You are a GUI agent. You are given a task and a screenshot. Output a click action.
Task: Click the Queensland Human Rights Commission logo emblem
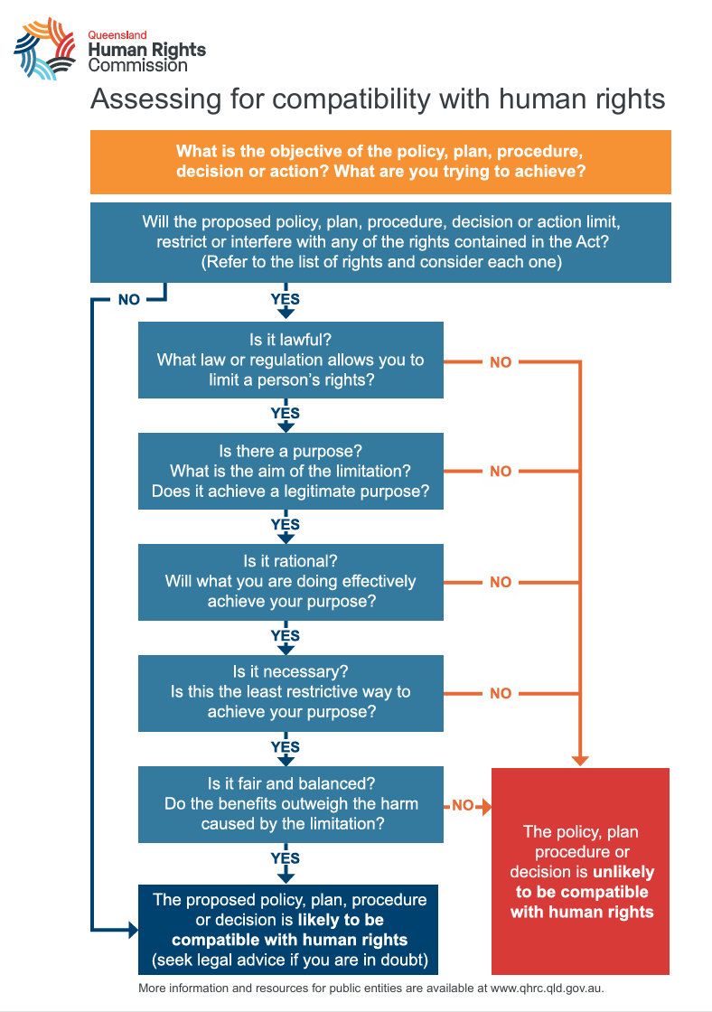(x=44, y=49)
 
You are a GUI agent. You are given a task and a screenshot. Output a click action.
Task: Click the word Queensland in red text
(x=117, y=35)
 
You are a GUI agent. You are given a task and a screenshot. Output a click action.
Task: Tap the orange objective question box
(x=380, y=162)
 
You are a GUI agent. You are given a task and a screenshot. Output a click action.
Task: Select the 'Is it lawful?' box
(x=290, y=360)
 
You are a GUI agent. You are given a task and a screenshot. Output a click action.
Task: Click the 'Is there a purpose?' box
(x=290, y=471)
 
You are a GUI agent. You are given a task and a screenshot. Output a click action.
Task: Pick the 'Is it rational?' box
(x=290, y=582)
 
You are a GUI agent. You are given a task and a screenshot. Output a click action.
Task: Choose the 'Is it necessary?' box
(x=290, y=693)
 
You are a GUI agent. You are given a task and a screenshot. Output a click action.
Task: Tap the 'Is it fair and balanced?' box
(x=290, y=804)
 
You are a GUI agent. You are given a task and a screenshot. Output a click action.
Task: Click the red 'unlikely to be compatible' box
(x=580, y=871)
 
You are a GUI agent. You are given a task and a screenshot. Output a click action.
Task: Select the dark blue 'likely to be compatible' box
(x=288, y=930)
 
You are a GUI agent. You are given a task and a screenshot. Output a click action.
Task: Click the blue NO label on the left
(x=129, y=299)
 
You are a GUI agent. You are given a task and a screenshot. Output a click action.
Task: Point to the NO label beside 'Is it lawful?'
(x=501, y=362)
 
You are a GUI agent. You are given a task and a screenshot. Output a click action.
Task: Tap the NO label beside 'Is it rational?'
(x=501, y=582)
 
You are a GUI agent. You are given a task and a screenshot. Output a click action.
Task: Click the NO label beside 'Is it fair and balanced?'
(x=463, y=805)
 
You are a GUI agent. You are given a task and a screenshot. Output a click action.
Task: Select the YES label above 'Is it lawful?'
(x=286, y=299)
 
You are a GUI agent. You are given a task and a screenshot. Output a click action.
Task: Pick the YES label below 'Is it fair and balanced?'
(x=286, y=857)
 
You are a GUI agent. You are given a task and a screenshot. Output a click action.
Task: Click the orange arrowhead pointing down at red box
(x=580, y=761)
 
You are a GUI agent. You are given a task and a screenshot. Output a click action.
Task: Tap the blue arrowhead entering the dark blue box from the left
(x=134, y=930)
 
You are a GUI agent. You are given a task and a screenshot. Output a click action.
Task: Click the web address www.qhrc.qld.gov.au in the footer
(x=546, y=989)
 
